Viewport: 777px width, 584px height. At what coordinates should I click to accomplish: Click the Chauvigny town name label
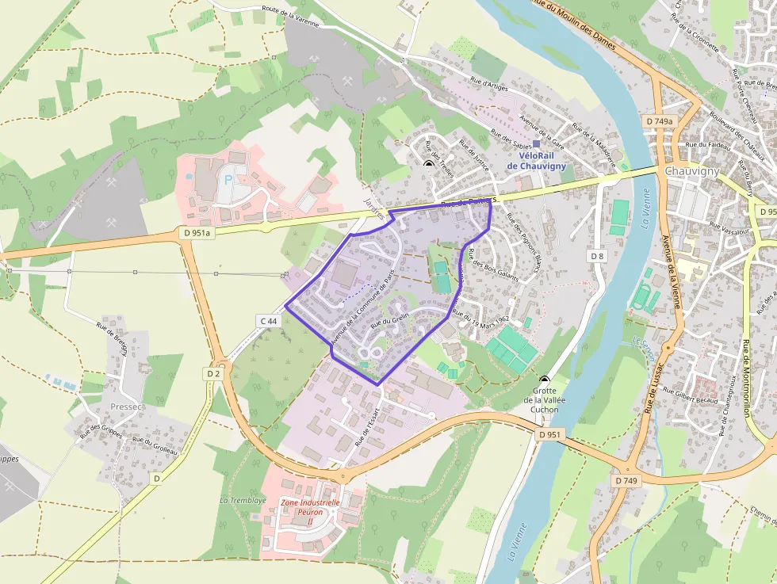click(691, 171)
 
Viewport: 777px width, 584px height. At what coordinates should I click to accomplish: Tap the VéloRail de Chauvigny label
click(536, 161)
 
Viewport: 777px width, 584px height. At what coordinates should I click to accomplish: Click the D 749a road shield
click(659, 121)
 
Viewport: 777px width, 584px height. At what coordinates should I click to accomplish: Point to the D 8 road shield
click(597, 256)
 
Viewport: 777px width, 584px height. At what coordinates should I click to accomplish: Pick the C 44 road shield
click(269, 321)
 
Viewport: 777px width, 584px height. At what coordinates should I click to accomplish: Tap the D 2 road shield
click(212, 373)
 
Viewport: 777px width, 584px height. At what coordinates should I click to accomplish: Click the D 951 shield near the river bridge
click(549, 435)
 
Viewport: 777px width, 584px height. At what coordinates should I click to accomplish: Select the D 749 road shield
click(625, 480)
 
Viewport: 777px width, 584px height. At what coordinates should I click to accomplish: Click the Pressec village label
click(127, 407)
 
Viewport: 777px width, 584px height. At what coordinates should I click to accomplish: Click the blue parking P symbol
click(228, 180)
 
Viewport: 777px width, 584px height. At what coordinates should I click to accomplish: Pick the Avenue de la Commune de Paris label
click(362, 306)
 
